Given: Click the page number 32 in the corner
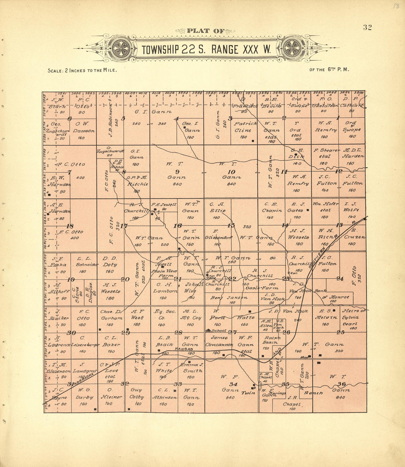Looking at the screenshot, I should [367, 27].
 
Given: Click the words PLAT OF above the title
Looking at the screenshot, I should [205, 31].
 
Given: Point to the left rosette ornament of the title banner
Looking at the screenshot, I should [121, 49].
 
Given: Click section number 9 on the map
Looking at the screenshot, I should [177, 171].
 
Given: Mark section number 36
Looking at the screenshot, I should [341, 384].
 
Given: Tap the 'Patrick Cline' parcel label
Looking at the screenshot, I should [243, 127].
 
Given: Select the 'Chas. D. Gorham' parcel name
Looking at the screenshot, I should [111, 315].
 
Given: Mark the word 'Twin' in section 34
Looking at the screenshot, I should [246, 393].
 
